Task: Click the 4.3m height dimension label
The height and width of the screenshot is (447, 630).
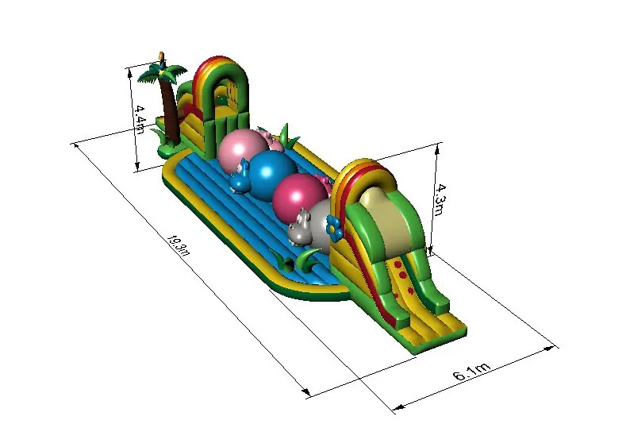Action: click(x=440, y=200)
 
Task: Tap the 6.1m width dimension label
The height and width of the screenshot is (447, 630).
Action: click(x=471, y=372)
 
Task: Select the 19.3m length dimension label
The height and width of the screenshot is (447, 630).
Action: click(x=178, y=245)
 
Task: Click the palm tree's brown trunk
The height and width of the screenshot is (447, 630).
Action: click(x=170, y=110)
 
